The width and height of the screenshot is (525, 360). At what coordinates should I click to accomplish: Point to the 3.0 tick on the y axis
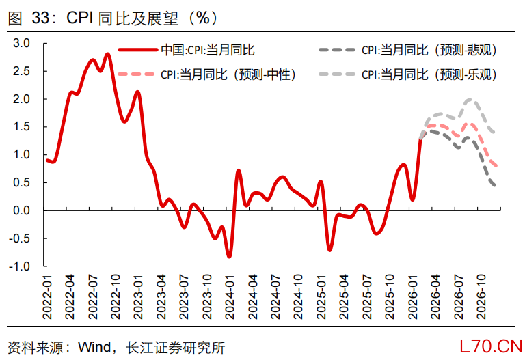(x=23, y=43)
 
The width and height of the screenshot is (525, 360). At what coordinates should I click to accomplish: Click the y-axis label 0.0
(x=23, y=210)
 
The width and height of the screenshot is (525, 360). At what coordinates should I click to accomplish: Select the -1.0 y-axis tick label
(x=21, y=266)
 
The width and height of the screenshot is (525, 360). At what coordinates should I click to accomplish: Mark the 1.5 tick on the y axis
(x=23, y=126)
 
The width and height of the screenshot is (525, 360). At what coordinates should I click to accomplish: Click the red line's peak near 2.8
(x=108, y=54)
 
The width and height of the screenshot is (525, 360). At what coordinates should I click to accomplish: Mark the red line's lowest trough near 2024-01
(x=229, y=256)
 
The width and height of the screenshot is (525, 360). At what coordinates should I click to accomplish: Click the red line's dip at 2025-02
(x=329, y=250)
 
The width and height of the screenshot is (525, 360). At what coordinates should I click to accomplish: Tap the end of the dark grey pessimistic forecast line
(x=495, y=185)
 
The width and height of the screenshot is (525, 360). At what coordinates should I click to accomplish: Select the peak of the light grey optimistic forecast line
(x=470, y=100)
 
